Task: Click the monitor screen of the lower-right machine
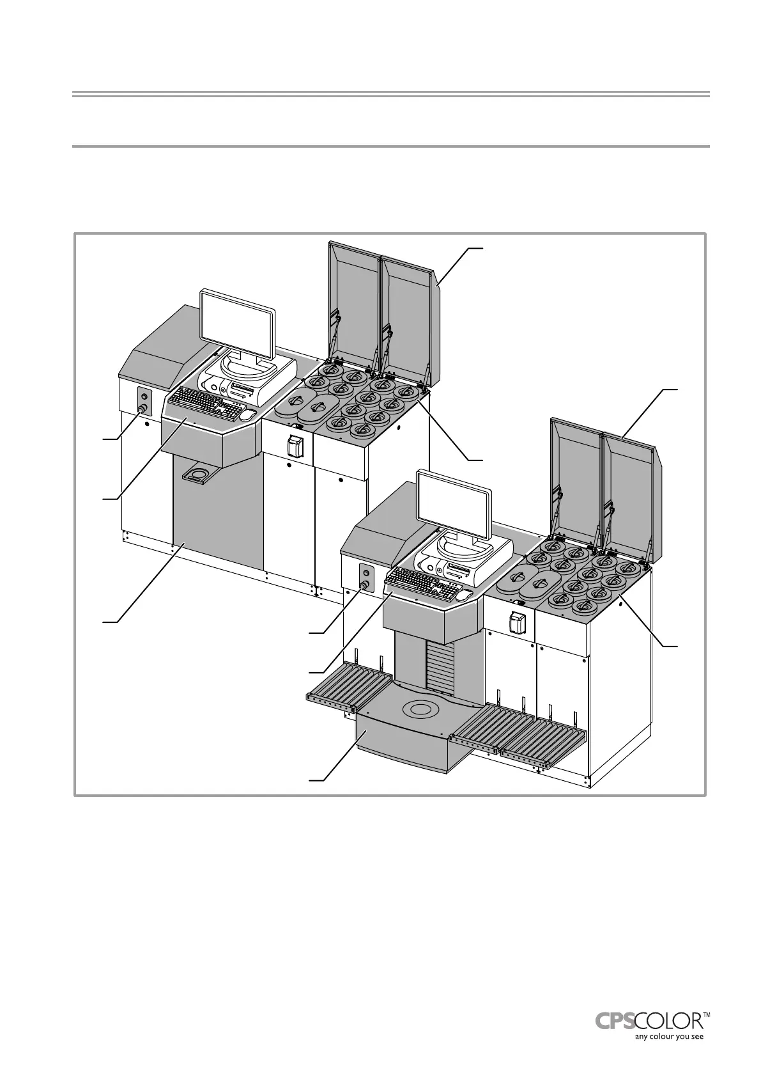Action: click(453, 505)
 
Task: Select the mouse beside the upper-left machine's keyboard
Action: click(247, 415)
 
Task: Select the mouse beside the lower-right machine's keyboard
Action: click(465, 595)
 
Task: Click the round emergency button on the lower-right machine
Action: click(364, 585)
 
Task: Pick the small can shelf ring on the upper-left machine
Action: click(199, 475)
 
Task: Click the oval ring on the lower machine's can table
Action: click(419, 709)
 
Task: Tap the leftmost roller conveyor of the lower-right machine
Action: click(348, 686)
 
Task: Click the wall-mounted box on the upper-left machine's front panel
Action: click(295, 446)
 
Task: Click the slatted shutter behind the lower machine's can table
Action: click(439, 665)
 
